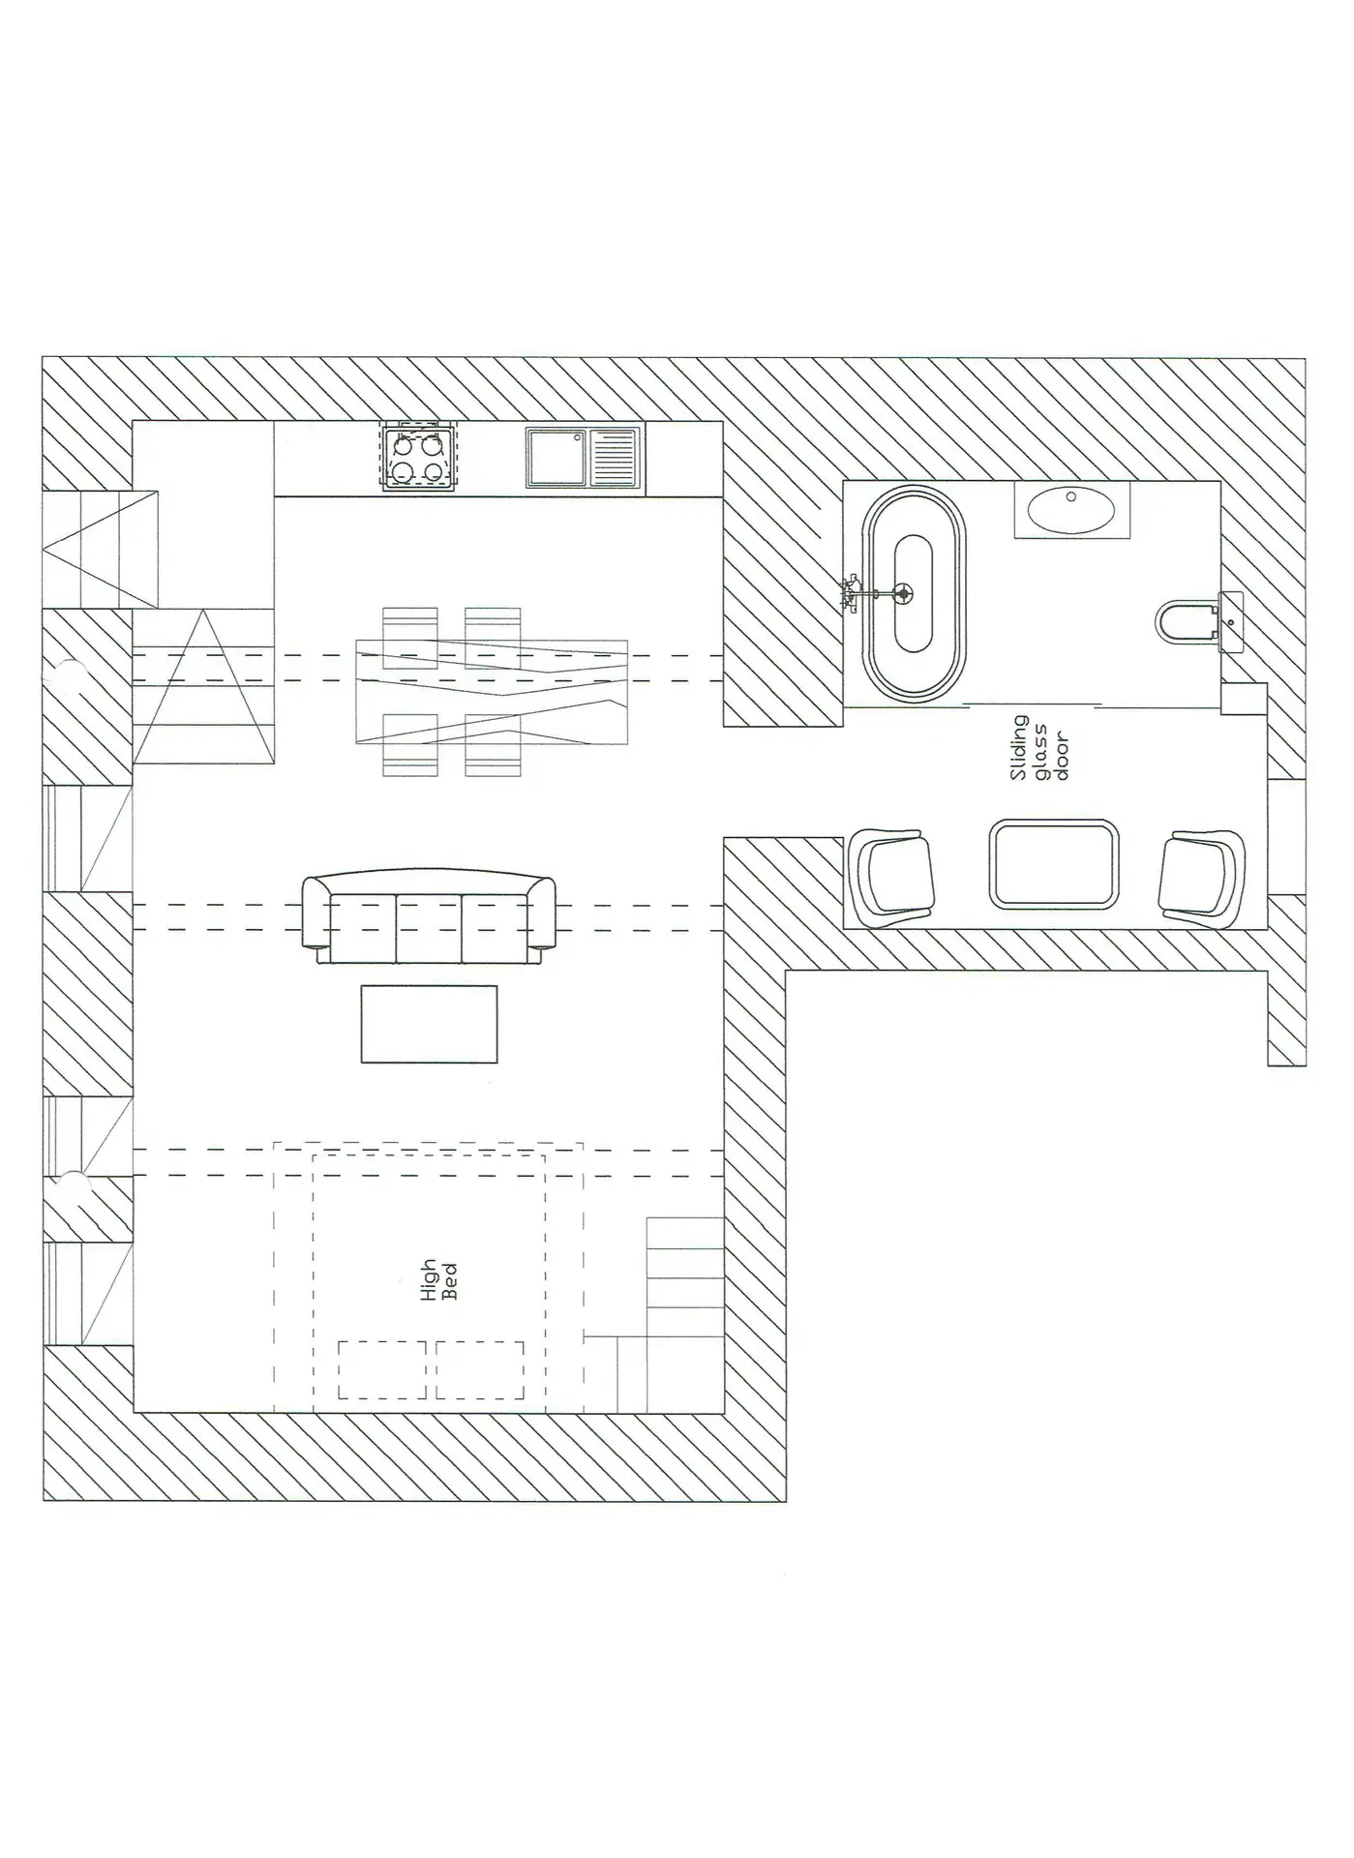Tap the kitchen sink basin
click(x=557, y=458)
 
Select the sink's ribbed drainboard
click(x=614, y=458)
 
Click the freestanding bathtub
click(x=914, y=594)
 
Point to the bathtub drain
click(x=904, y=592)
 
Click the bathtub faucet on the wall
click(x=852, y=592)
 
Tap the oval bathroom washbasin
click(x=1071, y=510)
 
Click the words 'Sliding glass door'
click(x=1038, y=748)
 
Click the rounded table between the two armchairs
click(x=1054, y=864)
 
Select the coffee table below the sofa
click(x=429, y=1024)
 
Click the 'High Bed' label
click(x=438, y=1280)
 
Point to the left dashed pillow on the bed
click(x=382, y=1369)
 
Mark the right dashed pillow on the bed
click(x=480, y=1369)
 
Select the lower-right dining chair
click(x=493, y=744)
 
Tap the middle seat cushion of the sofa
click(x=429, y=928)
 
